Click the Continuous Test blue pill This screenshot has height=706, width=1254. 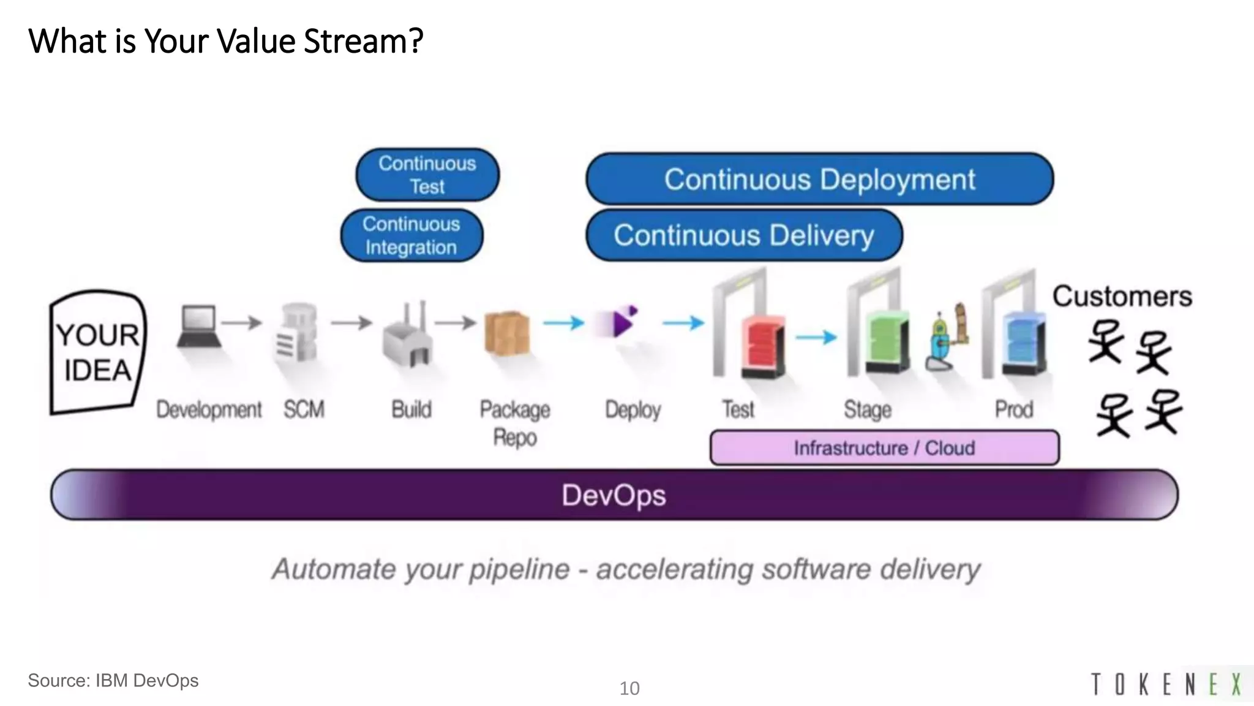click(427, 175)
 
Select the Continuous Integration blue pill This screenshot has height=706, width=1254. click(411, 235)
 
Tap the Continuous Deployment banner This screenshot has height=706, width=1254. click(819, 179)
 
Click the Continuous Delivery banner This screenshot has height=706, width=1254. click(743, 235)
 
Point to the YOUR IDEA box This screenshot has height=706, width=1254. click(98, 352)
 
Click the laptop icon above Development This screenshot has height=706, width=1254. click(198, 327)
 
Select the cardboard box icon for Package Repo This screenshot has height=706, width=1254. click(507, 333)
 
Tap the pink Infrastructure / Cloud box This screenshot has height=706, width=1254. click(884, 448)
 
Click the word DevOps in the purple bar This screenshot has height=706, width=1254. click(614, 495)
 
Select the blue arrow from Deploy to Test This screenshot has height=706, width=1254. click(684, 322)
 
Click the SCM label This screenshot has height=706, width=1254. click(304, 409)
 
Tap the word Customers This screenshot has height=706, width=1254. click(1122, 297)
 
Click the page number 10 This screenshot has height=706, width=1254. click(629, 688)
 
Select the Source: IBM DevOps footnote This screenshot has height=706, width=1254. click(113, 680)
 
